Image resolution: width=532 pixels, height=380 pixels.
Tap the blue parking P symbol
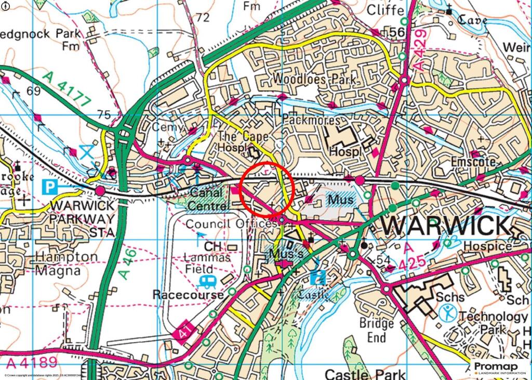tap(50, 185)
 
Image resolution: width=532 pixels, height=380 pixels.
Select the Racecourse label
tap(188, 295)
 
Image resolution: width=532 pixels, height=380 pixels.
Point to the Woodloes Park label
tap(315, 80)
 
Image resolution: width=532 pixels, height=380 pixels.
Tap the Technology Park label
tap(486, 323)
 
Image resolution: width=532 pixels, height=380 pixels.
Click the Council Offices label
tap(231, 224)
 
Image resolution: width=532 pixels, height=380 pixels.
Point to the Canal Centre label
tap(208, 199)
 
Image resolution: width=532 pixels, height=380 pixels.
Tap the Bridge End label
tap(377, 330)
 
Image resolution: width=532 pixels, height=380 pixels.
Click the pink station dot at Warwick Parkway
tap(100, 191)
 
